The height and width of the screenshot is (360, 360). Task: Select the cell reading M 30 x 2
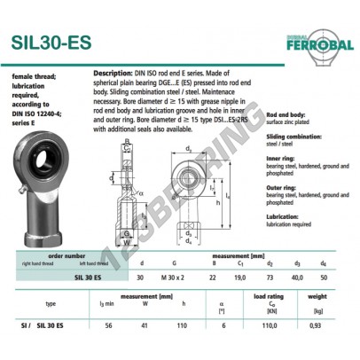(181, 277)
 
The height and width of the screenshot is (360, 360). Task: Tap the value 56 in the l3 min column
(107, 326)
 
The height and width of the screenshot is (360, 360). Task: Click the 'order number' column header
(68, 255)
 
